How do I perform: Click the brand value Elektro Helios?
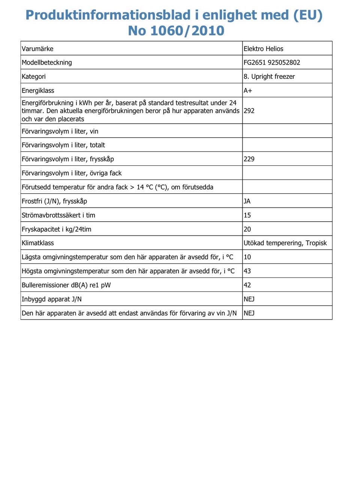[x=263, y=49]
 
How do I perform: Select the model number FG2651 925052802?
[x=272, y=63]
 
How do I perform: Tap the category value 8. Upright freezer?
[x=269, y=76]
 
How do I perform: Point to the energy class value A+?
[x=248, y=91]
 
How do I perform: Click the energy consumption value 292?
[x=249, y=111]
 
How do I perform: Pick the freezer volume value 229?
[x=249, y=159]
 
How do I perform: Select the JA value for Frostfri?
[x=247, y=201]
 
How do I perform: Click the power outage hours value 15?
[x=247, y=215]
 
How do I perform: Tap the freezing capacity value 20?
[x=247, y=229]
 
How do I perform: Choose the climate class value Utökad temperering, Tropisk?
[x=285, y=243]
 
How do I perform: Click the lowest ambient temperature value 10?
[x=247, y=257]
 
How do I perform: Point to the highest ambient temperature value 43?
[x=247, y=271]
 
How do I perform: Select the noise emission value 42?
[x=247, y=285]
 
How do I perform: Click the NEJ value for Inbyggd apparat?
[x=249, y=299]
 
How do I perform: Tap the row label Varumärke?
[x=37, y=49]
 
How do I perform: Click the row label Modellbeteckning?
[x=47, y=63]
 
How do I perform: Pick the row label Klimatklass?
[x=38, y=243]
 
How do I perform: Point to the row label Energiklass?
[x=38, y=91]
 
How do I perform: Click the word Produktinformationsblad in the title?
[x=108, y=15]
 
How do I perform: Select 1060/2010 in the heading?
[x=187, y=31]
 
